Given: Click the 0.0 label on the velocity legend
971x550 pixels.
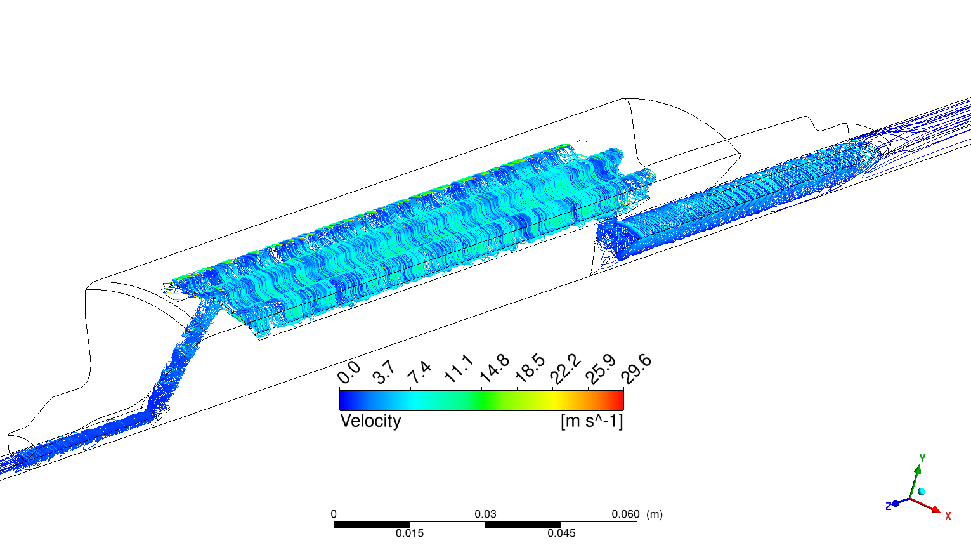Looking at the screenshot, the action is tap(349, 373).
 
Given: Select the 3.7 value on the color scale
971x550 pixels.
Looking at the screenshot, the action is tap(384, 372).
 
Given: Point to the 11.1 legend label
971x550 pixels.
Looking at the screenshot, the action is tap(459, 369).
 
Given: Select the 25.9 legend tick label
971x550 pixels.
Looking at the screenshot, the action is tap(601, 369).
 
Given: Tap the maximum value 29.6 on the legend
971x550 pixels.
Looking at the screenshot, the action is tap(637, 369).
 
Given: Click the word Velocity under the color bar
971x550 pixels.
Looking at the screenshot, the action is tap(370, 421).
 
